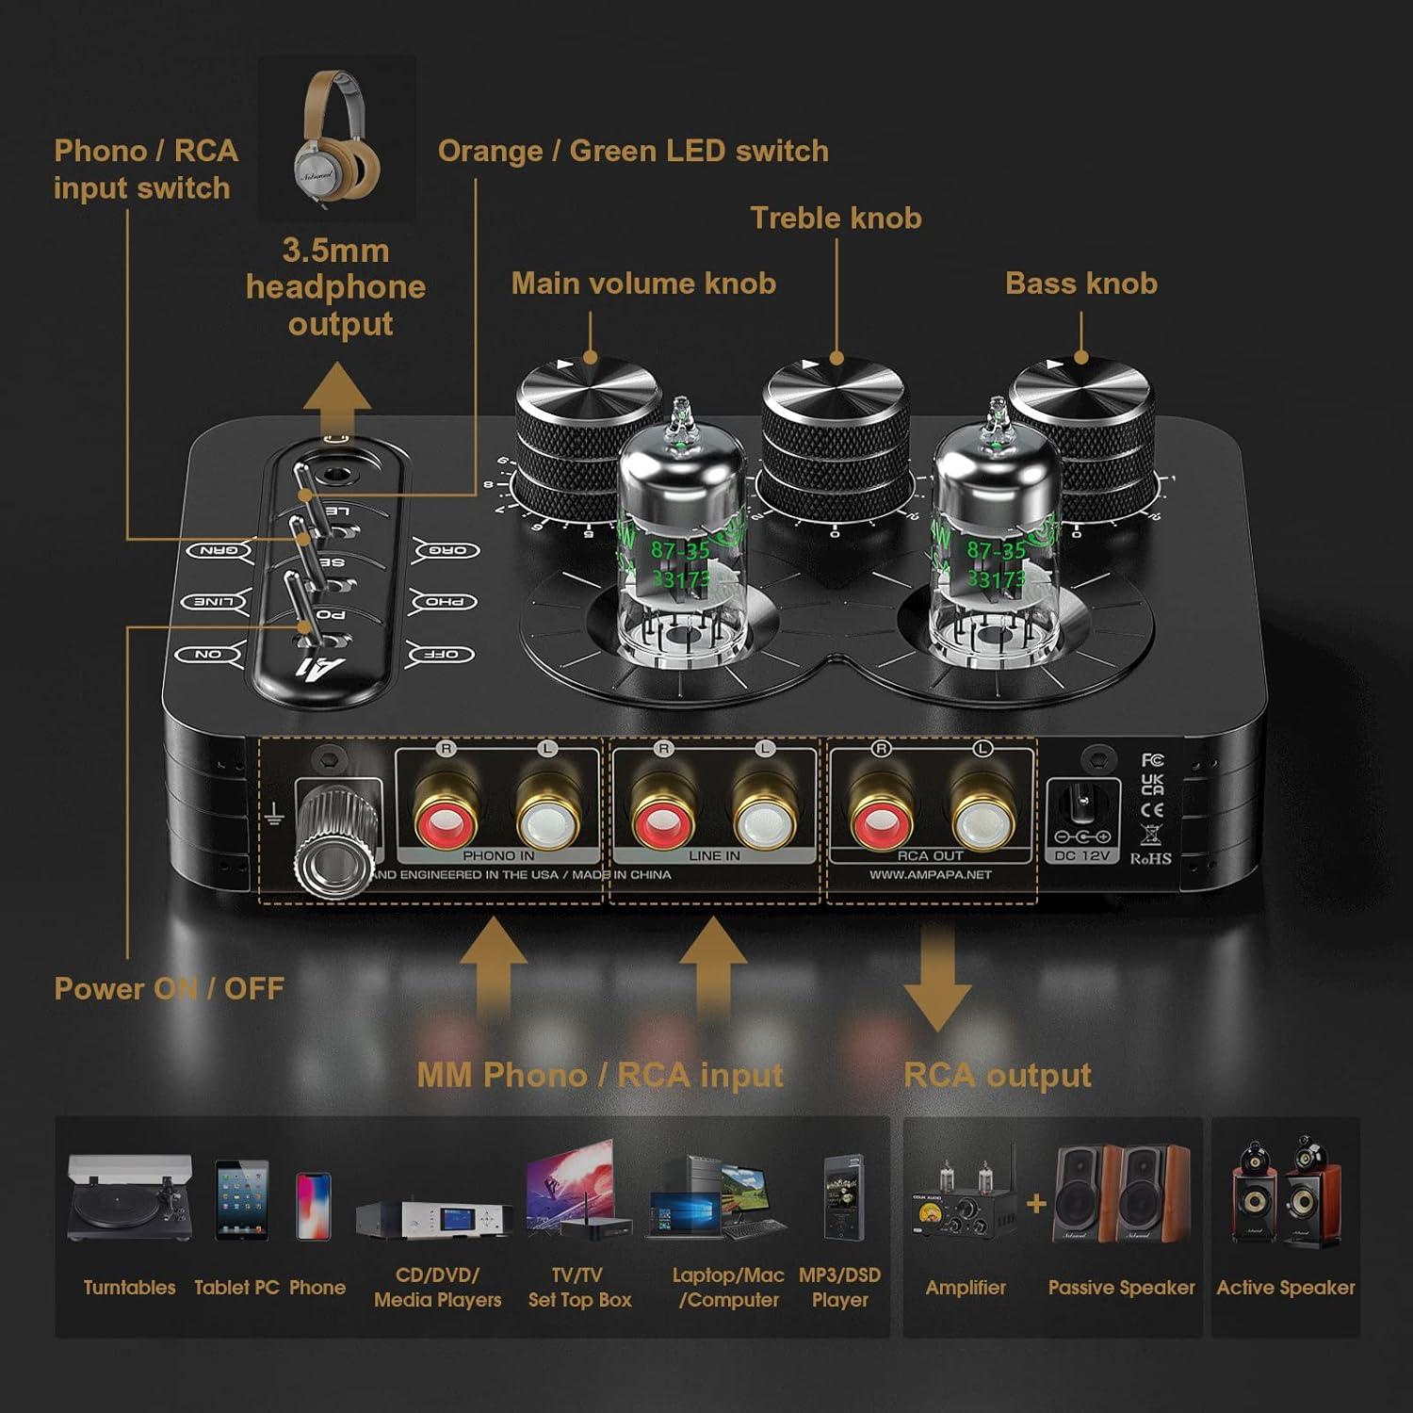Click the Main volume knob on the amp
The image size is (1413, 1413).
click(x=586, y=424)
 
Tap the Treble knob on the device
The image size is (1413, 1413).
click(x=834, y=424)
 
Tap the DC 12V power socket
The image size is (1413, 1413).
click(x=1081, y=810)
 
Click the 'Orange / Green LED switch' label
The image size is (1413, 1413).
click(x=633, y=151)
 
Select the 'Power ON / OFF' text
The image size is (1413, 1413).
click(x=169, y=988)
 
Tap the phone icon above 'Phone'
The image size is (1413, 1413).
click(x=314, y=1205)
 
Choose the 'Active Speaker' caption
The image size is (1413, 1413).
click(x=1285, y=1288)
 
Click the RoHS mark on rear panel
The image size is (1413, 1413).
click(x=1150, y=858)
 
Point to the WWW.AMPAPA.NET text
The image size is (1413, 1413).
click(x=930, y=875)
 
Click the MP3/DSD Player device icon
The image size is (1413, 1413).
click(x=839, y=1196)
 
